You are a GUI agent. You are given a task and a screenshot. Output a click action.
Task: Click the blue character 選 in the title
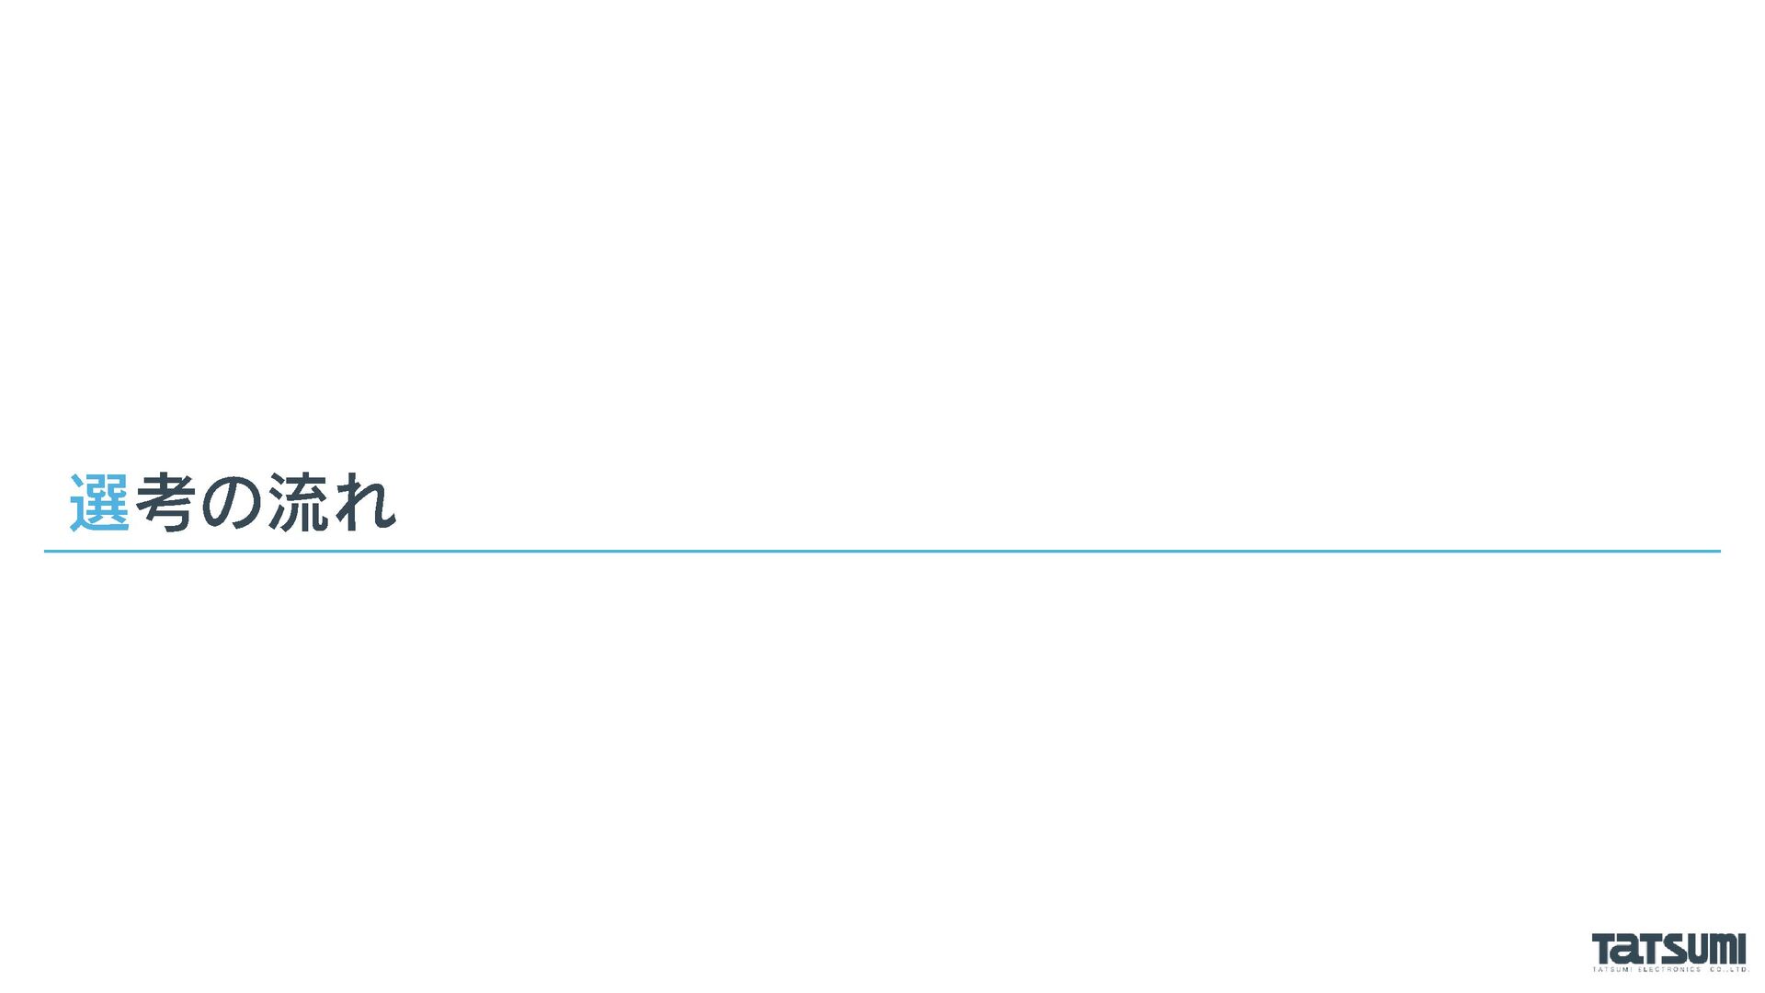tap(99, 503)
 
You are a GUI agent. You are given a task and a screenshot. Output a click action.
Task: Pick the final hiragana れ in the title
tap(365, 503)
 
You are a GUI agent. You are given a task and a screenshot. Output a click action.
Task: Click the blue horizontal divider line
tap(882, 552)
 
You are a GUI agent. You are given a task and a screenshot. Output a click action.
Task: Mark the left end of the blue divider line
tap(46, 552)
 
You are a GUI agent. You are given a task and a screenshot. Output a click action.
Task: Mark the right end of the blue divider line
tap(1719, 552)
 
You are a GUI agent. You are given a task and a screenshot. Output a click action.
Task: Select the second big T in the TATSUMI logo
tap(1649, 948)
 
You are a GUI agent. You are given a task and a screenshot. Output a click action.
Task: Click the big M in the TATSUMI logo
tap(1724, 948)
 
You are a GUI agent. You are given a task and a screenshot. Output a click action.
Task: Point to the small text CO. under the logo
tap(1716, 969)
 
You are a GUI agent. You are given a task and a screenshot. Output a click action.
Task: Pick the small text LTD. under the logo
tap(1737, 969)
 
